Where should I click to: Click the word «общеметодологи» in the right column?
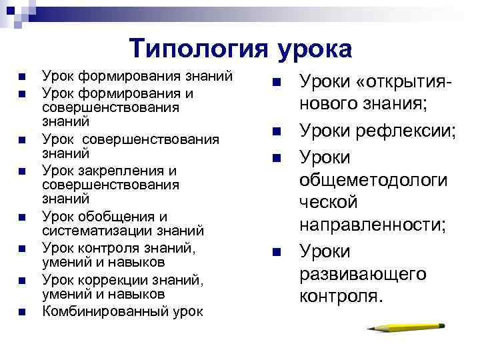374,181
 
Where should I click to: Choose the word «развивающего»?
364,274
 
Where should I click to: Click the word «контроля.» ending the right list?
342,296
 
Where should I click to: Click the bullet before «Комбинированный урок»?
22,311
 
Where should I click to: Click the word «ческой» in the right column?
329,203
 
